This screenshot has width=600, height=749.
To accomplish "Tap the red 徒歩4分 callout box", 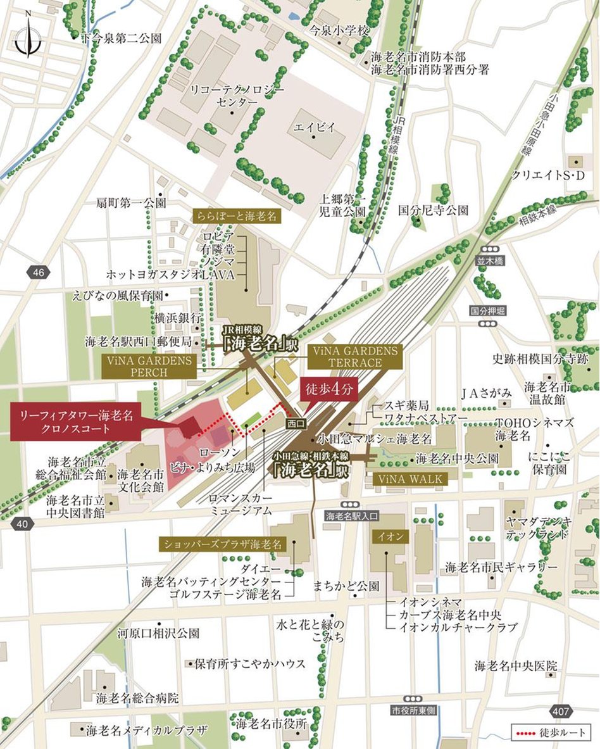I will click(328, 391).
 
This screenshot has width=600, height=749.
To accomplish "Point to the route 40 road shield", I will click(22, 523).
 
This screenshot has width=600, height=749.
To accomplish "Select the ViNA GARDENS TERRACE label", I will click(354, 356).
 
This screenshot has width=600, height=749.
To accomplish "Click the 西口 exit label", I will click(295, 422).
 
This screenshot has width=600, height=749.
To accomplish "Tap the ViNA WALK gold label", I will click(411, 479).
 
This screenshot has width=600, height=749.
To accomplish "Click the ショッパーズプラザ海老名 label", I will click(223, 544).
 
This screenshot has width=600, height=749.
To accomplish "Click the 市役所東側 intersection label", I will click(414, 710).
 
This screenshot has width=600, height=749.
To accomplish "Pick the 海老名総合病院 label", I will click(137, 698).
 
